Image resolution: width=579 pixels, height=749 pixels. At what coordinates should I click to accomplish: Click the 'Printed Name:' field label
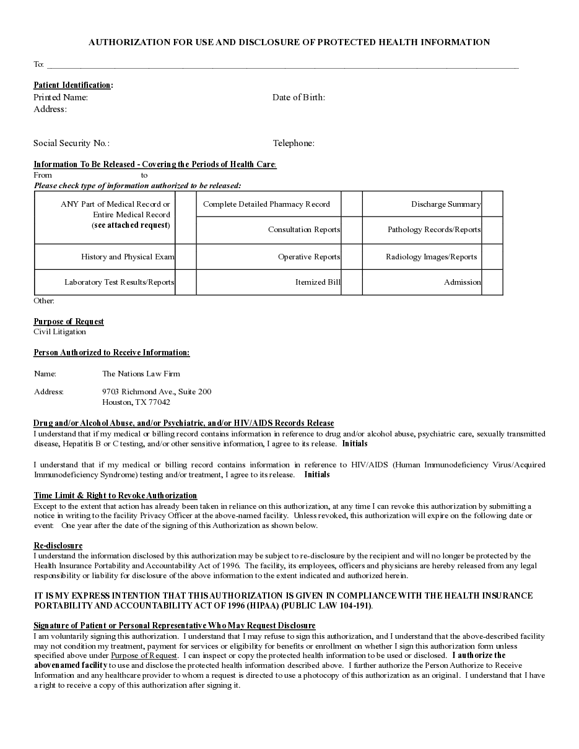(x=61, y=97)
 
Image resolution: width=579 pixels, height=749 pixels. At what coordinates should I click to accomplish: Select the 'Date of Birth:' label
(x=298, y=97)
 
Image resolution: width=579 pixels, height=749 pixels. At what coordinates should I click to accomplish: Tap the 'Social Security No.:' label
(x=71, y=143)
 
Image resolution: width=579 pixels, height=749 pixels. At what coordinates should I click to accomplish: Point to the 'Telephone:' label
(x=294, y=143)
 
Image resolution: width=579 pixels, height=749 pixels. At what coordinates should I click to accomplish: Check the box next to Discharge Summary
(x=492, y=204)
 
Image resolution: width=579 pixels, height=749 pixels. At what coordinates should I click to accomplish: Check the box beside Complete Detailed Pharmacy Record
(x=351, y=204)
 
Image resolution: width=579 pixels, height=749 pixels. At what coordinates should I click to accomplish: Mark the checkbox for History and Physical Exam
(x=185, y=257)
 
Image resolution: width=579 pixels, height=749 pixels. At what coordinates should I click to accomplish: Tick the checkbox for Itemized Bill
(x=351, y=282)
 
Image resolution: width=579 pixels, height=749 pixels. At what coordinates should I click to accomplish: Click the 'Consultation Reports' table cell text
(x=303, y=230)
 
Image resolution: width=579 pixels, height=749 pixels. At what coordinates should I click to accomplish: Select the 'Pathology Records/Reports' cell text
(x=433, y=230)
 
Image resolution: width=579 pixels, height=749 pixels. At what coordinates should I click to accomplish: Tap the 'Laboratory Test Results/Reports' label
(x=119, y=282)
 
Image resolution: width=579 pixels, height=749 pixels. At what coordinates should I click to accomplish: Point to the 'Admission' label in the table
(x=462, y=282)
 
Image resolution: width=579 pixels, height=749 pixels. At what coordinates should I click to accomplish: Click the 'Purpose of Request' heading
(x=69, y=321)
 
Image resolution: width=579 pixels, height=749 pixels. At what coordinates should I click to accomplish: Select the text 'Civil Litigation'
(x=59, y=332)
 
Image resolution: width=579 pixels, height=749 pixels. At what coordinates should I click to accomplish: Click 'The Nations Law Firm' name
(x=141, y=373)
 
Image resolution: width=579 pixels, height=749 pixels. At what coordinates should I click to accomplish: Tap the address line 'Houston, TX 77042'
(x=136, y=402)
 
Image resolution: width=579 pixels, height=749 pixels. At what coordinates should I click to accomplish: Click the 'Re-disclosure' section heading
(x=58, y=545)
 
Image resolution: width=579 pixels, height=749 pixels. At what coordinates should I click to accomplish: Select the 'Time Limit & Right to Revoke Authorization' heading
(x=115, y=495)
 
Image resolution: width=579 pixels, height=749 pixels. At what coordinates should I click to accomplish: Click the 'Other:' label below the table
(x=44, y=301)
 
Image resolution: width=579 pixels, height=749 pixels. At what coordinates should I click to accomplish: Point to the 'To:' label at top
(x=38, y=64)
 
